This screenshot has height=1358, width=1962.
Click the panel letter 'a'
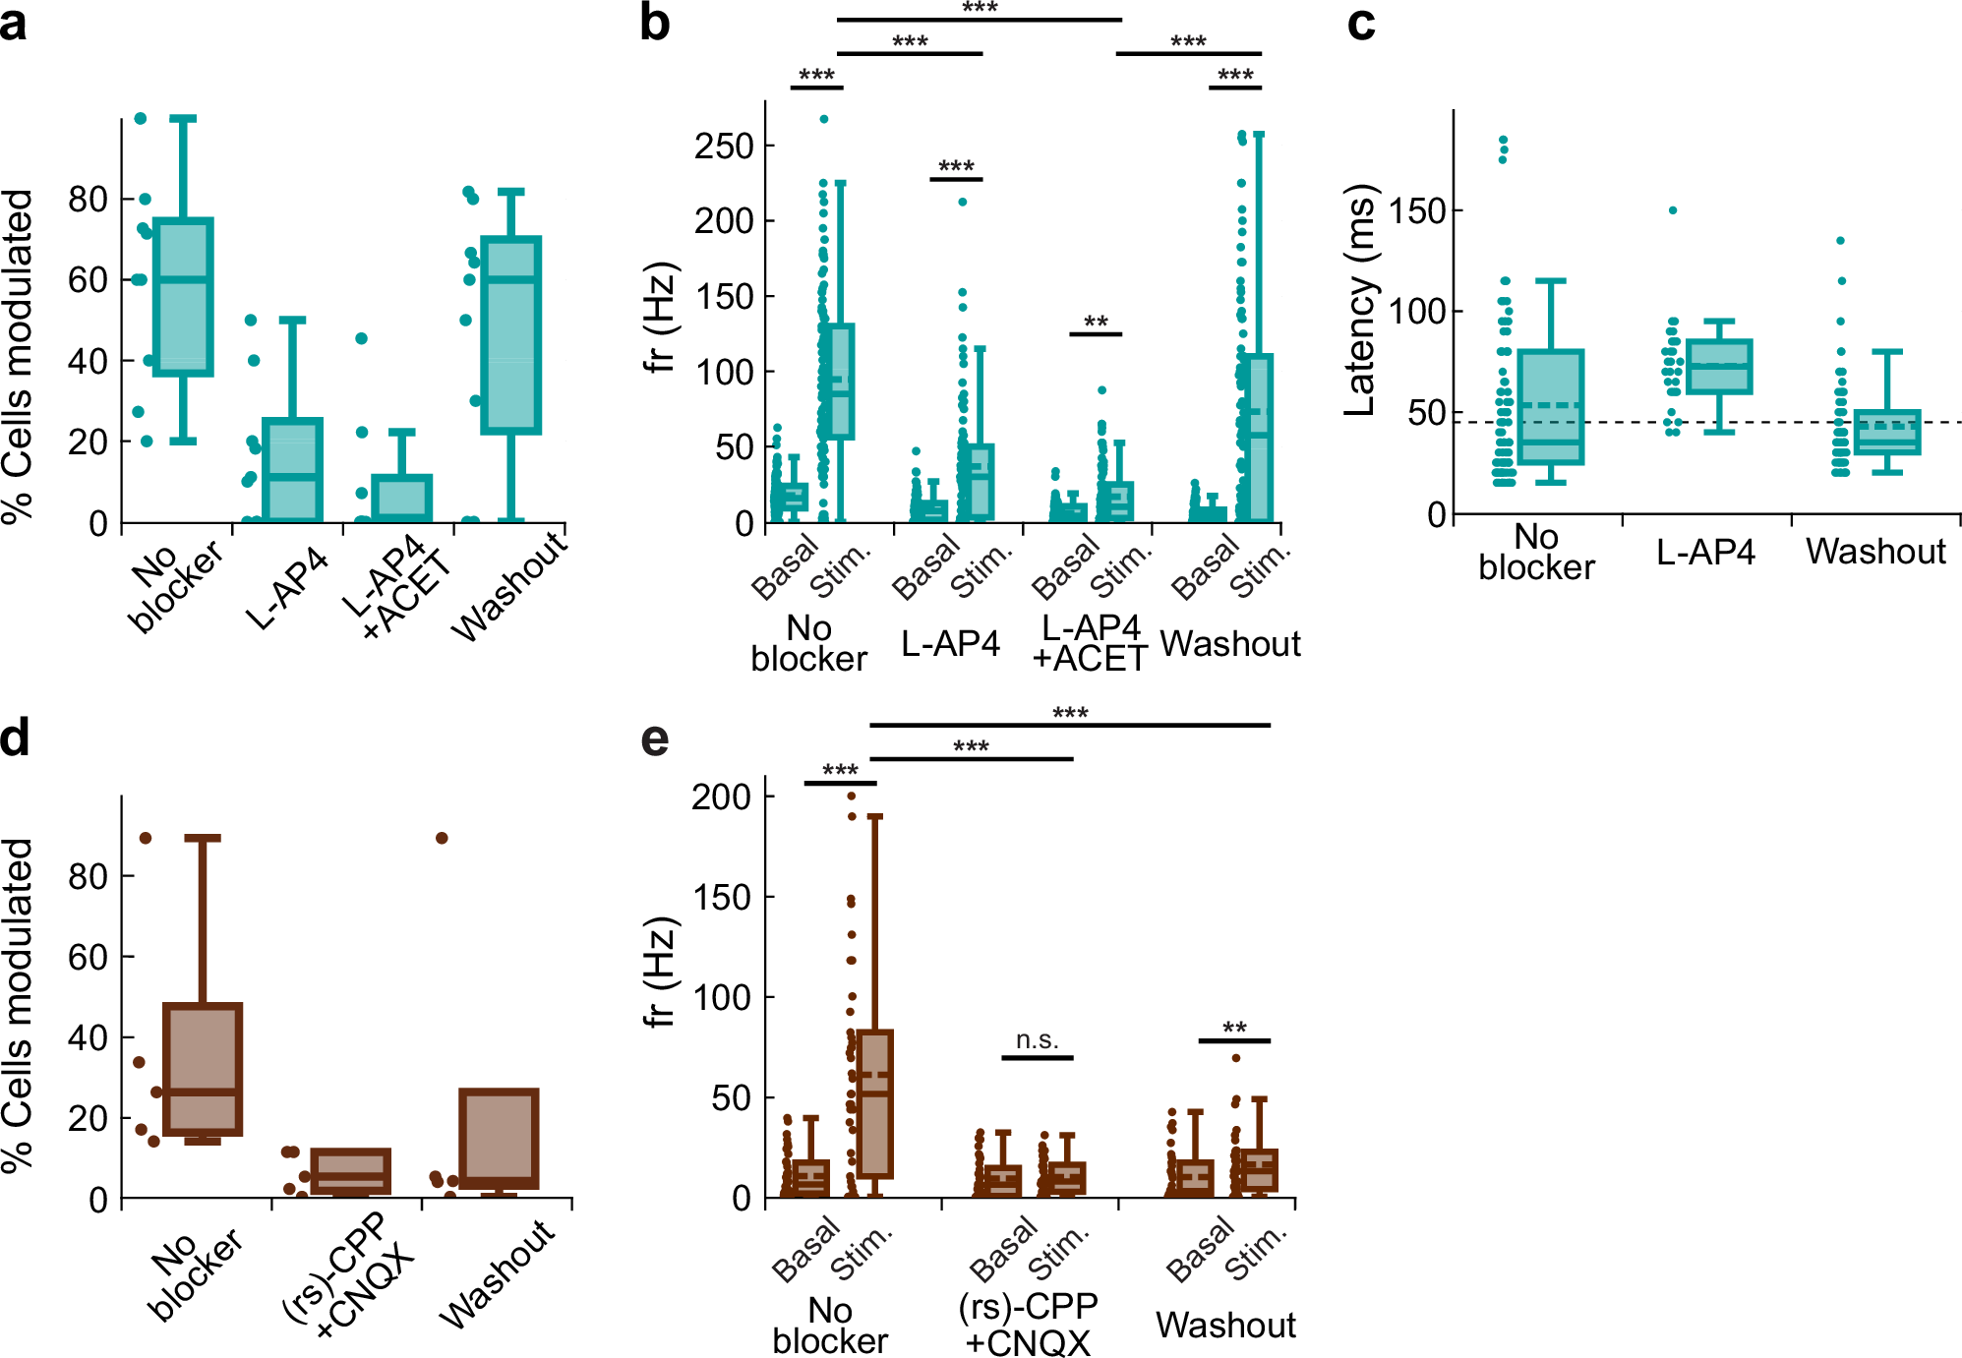[x=14, y=24]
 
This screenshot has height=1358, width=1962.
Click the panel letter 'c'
[x=1361, y=24]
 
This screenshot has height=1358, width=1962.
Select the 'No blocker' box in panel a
[x=183, y=297]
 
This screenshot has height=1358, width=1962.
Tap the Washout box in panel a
[x=510, y=334]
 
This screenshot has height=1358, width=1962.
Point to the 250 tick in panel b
[x=723, y=147]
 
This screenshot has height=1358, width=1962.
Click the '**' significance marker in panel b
[x=1096, y=323]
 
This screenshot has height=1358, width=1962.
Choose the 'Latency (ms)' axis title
[x=1360, y=300]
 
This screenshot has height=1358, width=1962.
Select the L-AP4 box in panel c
[x=1719, y=367]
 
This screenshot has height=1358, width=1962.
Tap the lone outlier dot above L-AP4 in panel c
[x=1672, y=210]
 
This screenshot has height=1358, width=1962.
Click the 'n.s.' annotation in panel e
[x=1037, y=1040]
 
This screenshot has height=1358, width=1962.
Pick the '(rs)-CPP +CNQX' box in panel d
[x=351, y=1171]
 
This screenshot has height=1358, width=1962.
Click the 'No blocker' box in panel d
[x=203, y=1069]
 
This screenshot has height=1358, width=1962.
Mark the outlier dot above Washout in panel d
[x=442, y=838]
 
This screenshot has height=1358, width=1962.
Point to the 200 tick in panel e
[x=721, y=797]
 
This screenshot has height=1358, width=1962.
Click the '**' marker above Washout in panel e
[x=1234, y=1029]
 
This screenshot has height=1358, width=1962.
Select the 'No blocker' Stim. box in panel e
[x=874, y=1103]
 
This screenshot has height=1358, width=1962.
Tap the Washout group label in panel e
[x=1225, y=1325]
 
